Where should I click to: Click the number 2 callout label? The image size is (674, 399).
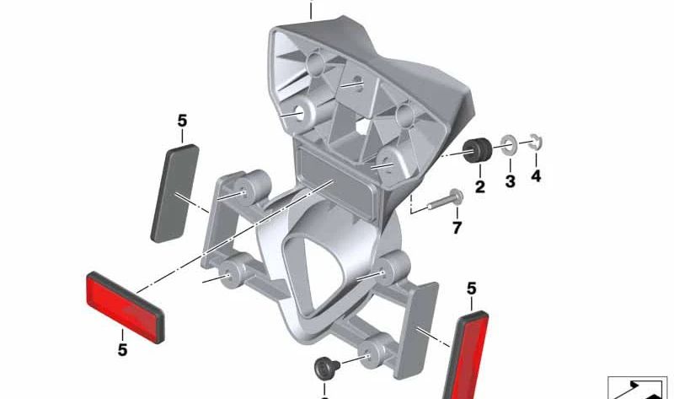pyautogui.click(x=480, y=187)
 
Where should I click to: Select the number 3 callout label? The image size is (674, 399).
pyautogui.click(x=510, y=182)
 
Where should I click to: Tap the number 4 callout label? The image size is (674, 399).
pyautogui.click(x=536, y=177)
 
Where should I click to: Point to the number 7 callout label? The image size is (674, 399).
pyautogui.click(x=457, y=229)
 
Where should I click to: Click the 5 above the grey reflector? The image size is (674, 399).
pyautogui.click(x=182, y=121)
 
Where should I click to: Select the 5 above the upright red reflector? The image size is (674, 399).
pyautogui.click(x=472, y=289)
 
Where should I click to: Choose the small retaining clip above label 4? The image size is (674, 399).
pyautogui.click(x=536, y=143)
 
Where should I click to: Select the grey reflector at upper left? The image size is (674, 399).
pyautogui.click(x=175, y=192)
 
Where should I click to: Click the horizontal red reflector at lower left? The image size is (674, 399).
pyautogui.click(x=125, y=305)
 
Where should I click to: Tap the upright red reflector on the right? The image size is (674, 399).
pyautogui.click(x=467, y=354)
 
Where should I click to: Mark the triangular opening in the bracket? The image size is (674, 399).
pyautogui.click(x=312, y=270)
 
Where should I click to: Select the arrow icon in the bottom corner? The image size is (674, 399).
pyautogui.click(x=640, y=388)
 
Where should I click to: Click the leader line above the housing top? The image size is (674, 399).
pyautogui.click(x=311, y=10)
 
